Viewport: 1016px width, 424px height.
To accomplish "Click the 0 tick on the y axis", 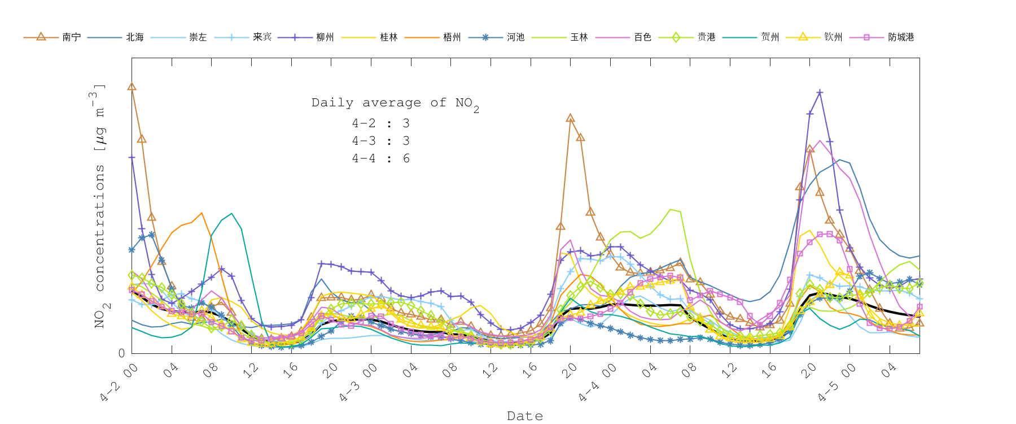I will click(121, 353).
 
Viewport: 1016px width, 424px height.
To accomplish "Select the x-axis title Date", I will click(525, 416).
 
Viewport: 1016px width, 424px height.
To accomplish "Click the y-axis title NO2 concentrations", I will click(99, 206).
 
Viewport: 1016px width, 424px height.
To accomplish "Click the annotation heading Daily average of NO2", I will click(395, 103).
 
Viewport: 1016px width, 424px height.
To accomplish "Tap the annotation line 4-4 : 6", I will click(380, 158).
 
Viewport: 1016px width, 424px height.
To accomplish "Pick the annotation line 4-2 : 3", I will click(380, 123).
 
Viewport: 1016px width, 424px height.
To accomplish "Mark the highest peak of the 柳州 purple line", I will click(820, 92).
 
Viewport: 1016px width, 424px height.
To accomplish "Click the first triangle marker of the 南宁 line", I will click(132, 86).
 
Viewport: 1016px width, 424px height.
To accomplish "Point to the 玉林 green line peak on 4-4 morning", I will click(671, 209).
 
